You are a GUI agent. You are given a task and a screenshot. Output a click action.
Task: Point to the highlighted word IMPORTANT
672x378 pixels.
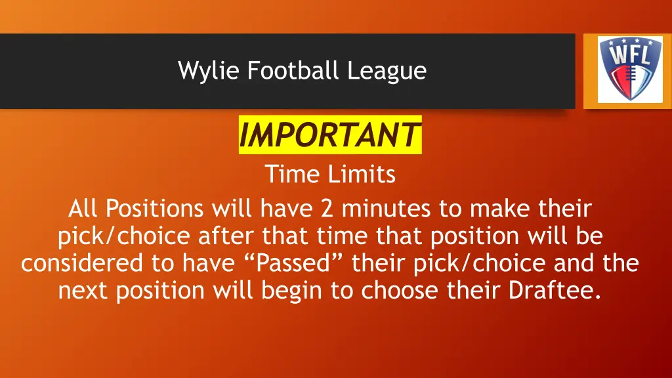coord(329,136)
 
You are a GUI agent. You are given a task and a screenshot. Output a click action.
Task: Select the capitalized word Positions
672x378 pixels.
coord(155,209)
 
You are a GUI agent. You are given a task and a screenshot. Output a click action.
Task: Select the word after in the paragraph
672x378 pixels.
coord(226,236)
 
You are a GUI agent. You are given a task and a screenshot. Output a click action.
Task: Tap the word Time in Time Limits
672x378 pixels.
coord(290,175)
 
